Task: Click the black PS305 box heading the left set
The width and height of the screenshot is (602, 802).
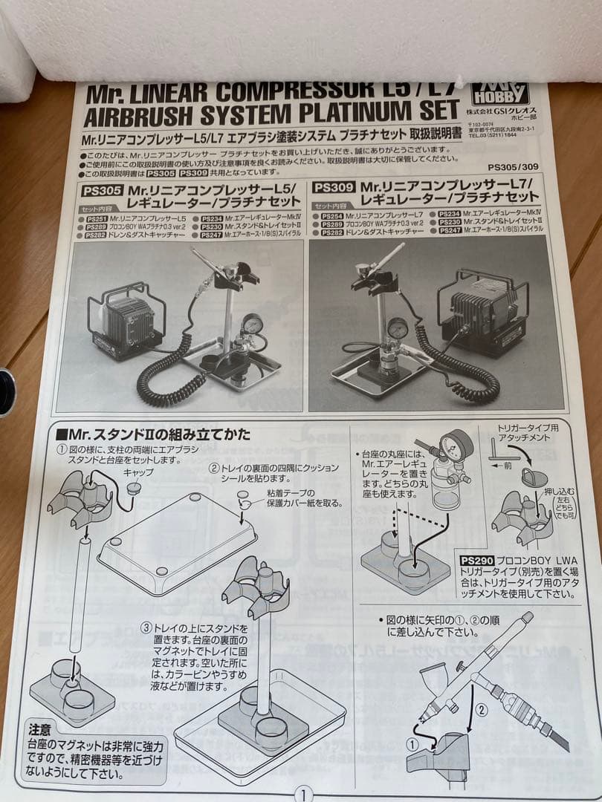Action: coord(98,189)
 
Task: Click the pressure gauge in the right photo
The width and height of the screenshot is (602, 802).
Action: coord(398,327)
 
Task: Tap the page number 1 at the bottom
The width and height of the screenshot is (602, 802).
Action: coord(303,794)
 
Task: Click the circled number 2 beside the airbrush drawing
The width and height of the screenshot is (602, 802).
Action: coord(480,709)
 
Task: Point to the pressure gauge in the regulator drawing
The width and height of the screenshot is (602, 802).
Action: coord(456,446)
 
